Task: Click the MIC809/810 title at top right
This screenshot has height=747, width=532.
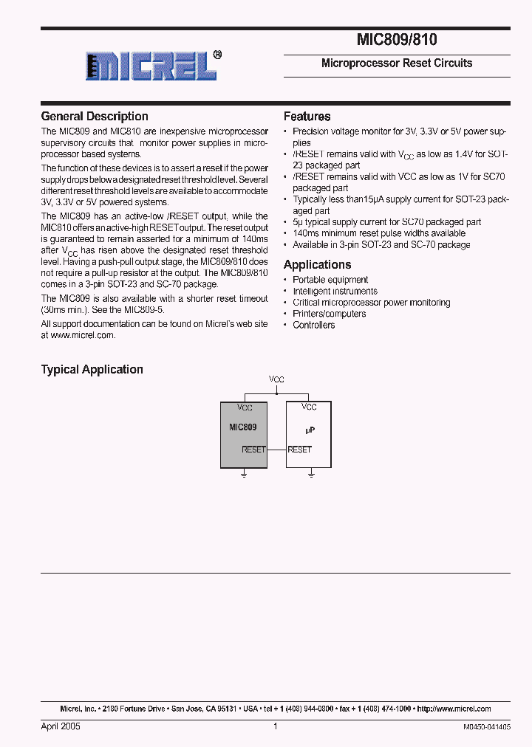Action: (x=397, y=41)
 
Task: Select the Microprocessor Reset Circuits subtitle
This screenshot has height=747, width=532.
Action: (x=397, y=63)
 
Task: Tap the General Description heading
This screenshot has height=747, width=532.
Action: (x=95, y=117)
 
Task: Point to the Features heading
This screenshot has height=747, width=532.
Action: (x=307, y=117)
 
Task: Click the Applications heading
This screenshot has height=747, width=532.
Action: (x=318, y=265)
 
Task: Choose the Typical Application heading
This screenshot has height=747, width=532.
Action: (x=92, y=370)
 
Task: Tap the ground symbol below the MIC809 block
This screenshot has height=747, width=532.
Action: (x=244, y=475)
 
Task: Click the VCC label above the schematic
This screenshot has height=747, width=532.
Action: (x=276, y=379)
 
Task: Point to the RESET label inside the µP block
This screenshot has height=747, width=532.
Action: (x=300, y=450)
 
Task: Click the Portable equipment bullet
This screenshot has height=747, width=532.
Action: (x=330, y=280)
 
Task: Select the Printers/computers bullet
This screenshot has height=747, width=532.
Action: (x=329, y=314)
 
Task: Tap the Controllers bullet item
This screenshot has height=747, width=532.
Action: (x=314, y=325)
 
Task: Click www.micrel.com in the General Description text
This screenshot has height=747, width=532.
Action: (x=83, y=335)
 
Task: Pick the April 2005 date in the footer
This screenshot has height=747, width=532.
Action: (x=61, y=726)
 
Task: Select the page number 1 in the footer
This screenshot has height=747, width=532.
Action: (x=276, y=726)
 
